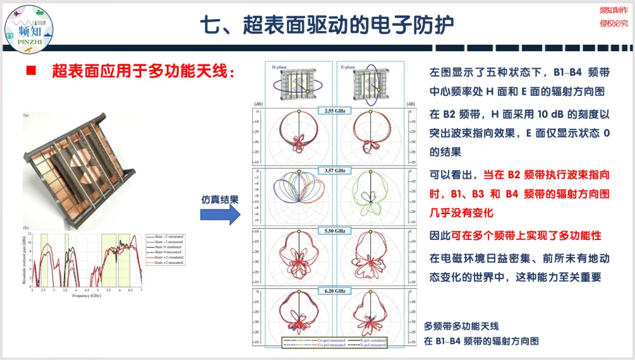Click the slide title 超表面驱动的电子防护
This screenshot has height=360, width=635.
(x=327, y=25)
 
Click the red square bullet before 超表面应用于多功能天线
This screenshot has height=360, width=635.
(x=31, y=71)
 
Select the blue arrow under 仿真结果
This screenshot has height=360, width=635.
(x=220, y=214)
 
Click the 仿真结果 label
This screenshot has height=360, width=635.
(x=220, y=199)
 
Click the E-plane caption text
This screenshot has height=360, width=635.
(x=348, y=67)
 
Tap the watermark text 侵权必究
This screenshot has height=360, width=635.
(x=613, y=24)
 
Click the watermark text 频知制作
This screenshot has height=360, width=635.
(x=613, y=10)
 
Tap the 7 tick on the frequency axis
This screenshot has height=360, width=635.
(x=141, y=291)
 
